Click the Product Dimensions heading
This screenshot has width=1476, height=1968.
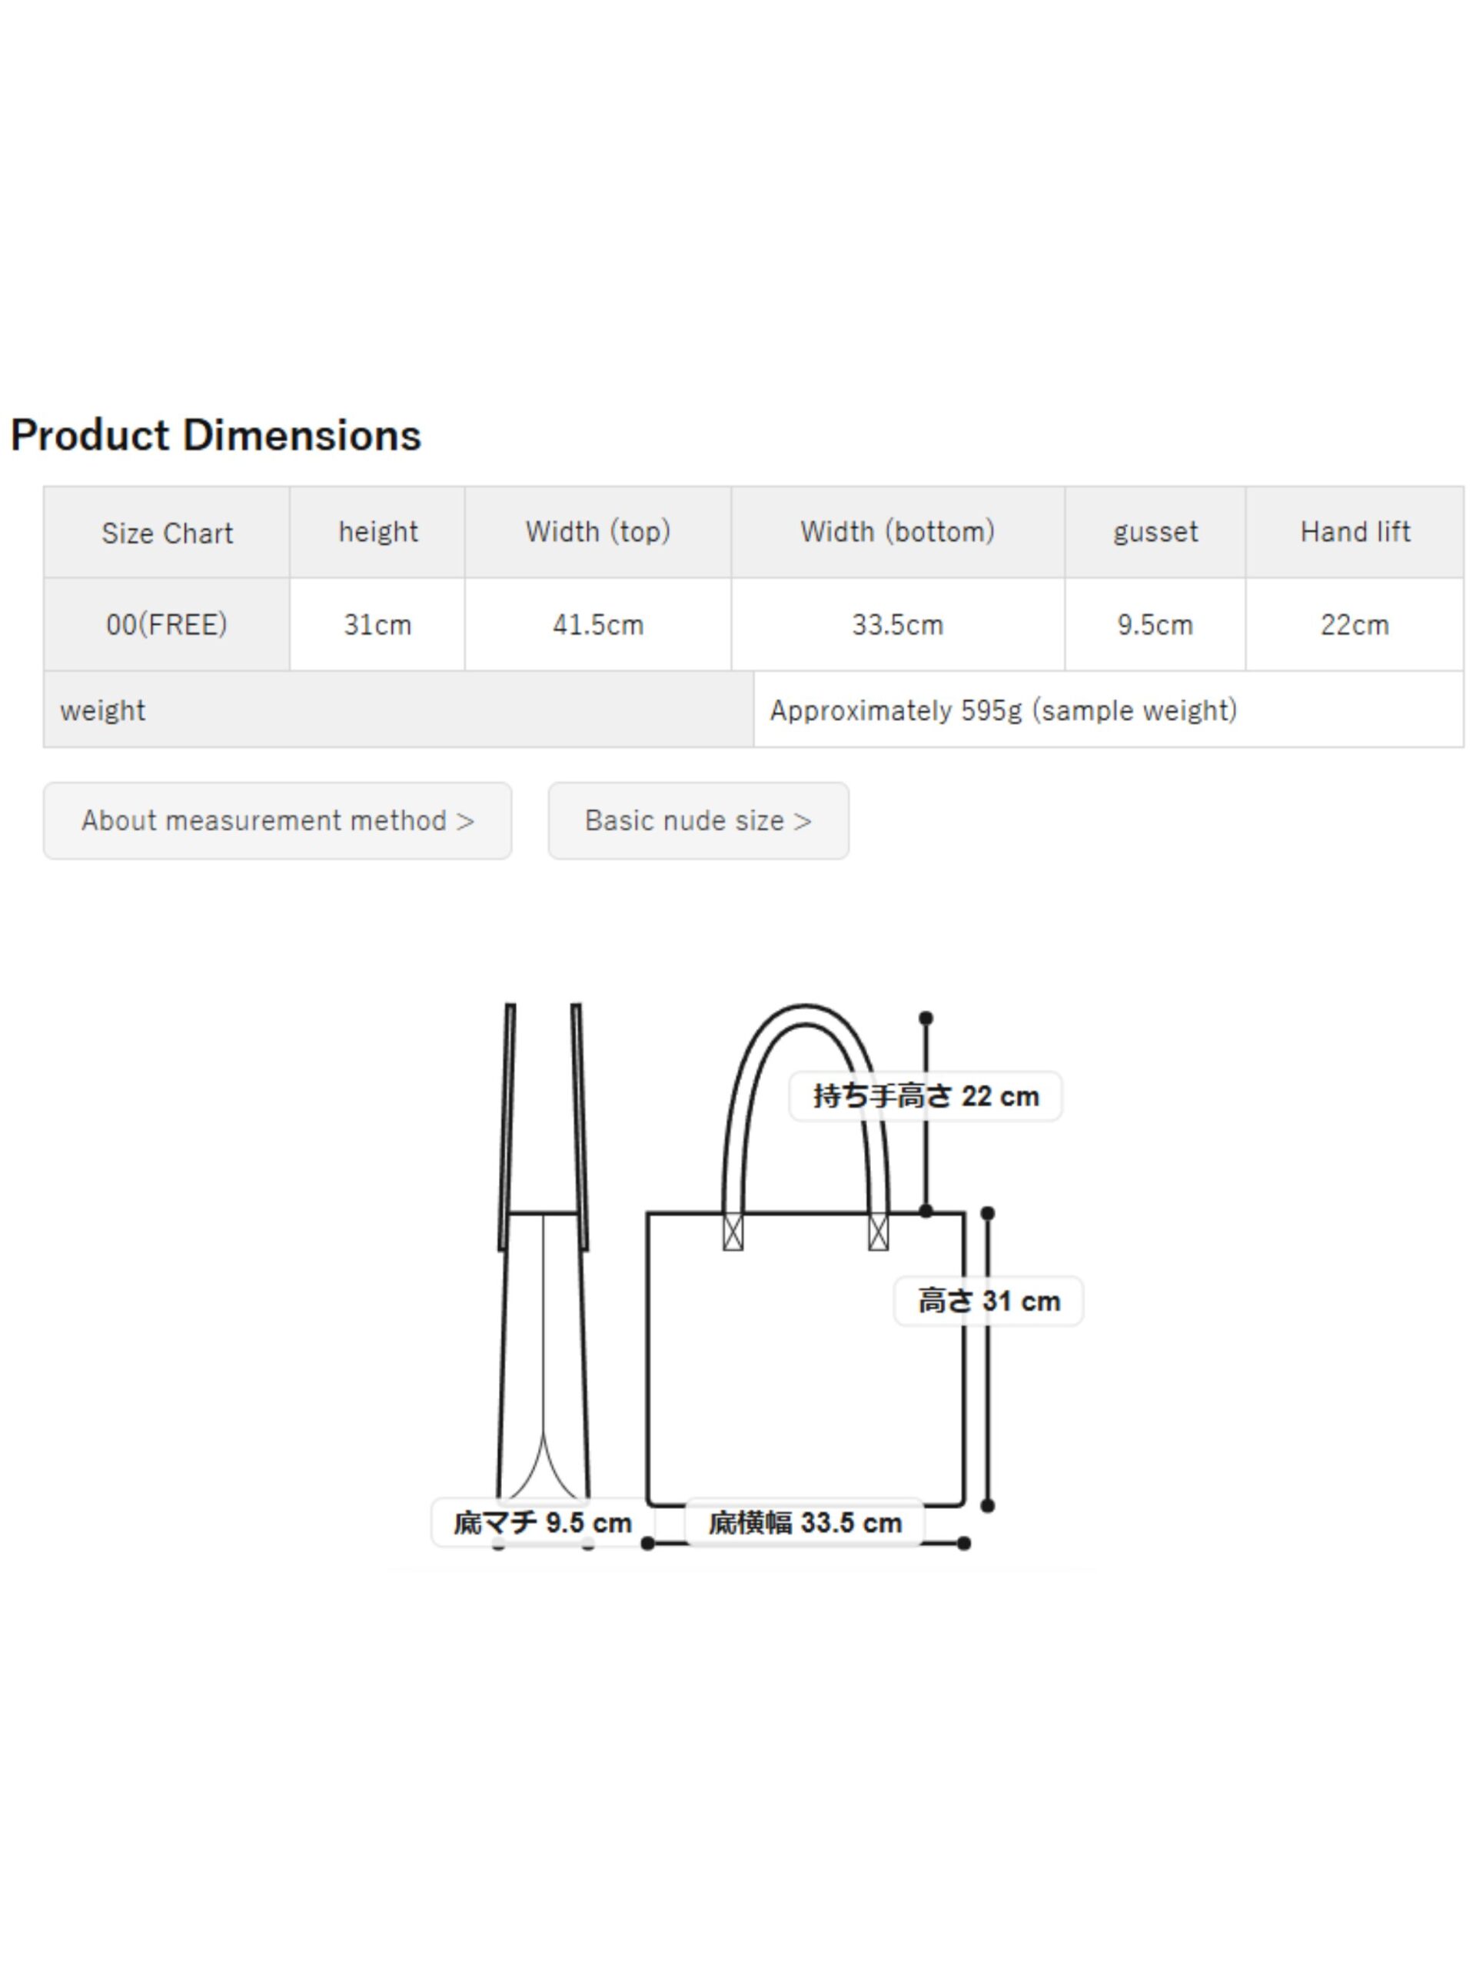[215, 435]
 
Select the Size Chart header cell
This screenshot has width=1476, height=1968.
[166, 532]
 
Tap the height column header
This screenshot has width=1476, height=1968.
[377, 532]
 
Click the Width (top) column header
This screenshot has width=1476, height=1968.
[598, 532]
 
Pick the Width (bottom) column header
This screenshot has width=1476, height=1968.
[898, 532]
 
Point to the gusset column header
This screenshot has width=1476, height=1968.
[1155, 532]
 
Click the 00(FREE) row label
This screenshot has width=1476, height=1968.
[166, 624]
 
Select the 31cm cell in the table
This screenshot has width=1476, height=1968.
[377, 624]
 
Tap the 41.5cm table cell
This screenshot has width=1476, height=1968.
[598, 624]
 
